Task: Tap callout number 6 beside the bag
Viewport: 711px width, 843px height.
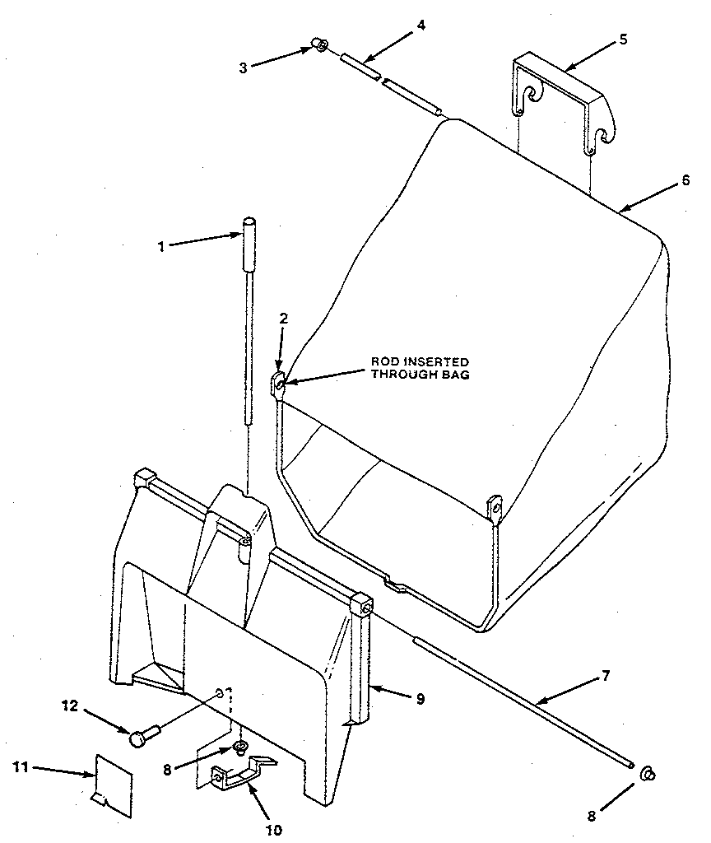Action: click(685, 181)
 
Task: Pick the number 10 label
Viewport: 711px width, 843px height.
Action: click(273, 829)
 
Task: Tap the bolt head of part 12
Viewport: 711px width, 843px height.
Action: click(137, 738)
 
